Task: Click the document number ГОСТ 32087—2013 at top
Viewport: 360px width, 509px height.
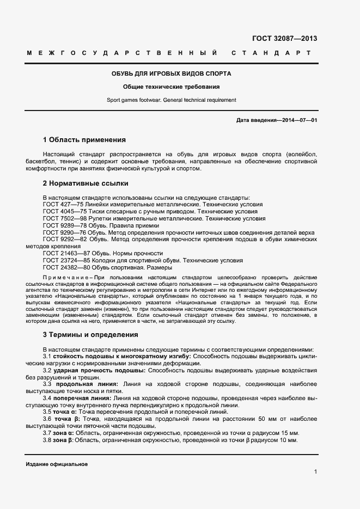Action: (284, 39)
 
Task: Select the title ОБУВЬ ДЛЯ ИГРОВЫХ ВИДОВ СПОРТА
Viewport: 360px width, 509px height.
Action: (172, 73)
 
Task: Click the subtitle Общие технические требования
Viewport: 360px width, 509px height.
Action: (172, 87)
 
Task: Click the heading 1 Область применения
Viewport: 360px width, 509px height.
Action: (84, 139)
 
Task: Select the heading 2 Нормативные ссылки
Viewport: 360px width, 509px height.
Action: (85, 183)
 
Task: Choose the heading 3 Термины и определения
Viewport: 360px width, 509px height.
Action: (90, 334)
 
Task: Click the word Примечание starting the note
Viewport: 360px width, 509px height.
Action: (68, 277)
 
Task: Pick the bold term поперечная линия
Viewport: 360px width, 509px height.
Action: (82, 398)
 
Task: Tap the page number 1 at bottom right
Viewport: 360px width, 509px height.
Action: (315, 472)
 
